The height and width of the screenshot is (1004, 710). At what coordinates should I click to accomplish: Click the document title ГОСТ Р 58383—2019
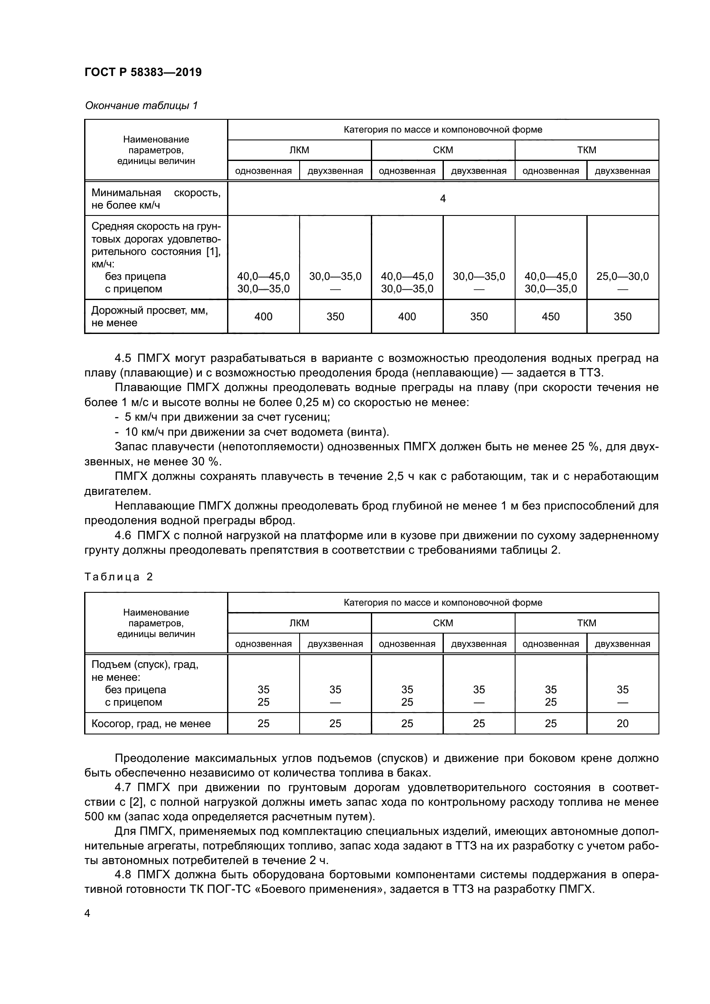pos(143,73)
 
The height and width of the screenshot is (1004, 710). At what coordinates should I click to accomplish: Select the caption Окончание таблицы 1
pos(141,106)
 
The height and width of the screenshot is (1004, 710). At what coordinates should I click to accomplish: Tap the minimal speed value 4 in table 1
pos(443,199)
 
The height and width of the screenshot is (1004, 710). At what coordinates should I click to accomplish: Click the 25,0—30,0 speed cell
pos(622,276)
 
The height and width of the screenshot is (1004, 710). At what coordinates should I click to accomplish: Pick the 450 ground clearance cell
pos(550,317)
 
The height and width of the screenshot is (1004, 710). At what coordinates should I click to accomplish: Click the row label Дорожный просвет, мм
pos(149,311)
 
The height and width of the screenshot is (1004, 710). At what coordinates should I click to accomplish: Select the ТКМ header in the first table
pos(586,150)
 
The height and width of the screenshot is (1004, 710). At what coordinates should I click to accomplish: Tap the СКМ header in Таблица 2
pos(443,623)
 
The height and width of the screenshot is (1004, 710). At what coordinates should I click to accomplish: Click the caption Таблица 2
pos(118,577)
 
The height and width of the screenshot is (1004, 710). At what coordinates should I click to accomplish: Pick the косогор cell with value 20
pos(622,724)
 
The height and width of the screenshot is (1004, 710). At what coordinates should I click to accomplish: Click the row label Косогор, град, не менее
pos(151,724)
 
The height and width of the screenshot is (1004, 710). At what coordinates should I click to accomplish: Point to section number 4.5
pos(122,358)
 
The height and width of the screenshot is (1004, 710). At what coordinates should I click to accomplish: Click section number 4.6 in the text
pos(122,536)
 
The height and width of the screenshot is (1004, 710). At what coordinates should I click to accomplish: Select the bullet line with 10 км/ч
pos(252,432)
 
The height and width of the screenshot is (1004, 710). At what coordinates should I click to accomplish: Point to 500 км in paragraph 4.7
pos(99,817)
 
